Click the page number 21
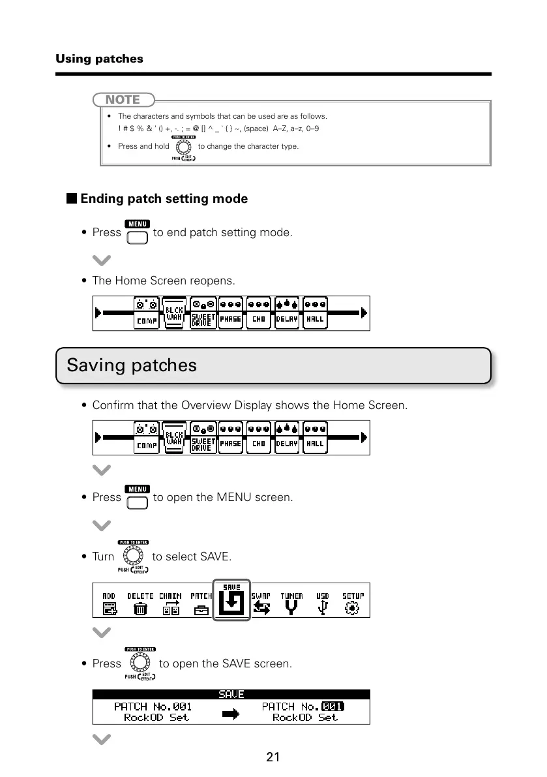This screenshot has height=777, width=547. [x=273, y=757]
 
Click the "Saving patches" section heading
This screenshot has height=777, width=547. [x=132, y=365]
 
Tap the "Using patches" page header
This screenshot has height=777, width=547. [x=99, y=59]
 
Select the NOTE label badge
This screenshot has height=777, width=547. [x=123, y=100]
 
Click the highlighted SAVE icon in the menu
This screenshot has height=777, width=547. [x=231, y=601]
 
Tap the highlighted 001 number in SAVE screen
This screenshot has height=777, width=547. [x=333, y=707]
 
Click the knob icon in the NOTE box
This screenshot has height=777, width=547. [x=183, y=147]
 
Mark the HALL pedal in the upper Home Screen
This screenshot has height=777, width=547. [x=316, y=313]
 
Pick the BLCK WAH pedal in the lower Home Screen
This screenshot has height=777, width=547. [x=173, y=438]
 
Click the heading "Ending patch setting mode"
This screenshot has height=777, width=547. [x=164, y=199]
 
